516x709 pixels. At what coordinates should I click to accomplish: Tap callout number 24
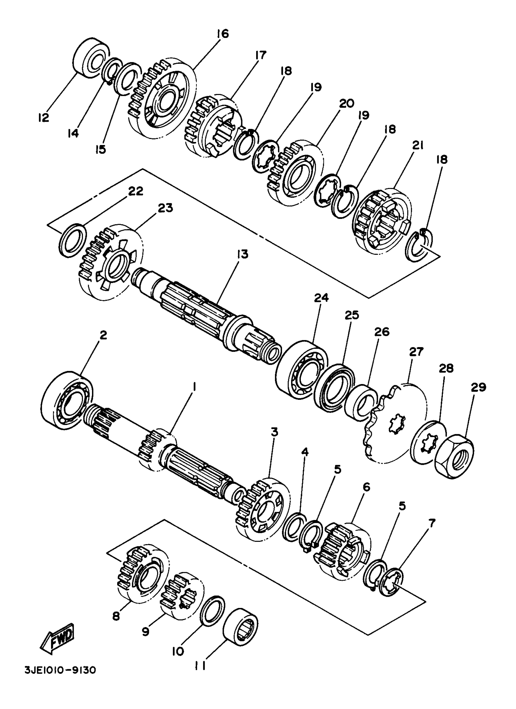tap(321, 298)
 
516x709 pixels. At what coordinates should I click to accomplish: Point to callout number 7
tap(432, 523)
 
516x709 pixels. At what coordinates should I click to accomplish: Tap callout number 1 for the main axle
tap(194, 388)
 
